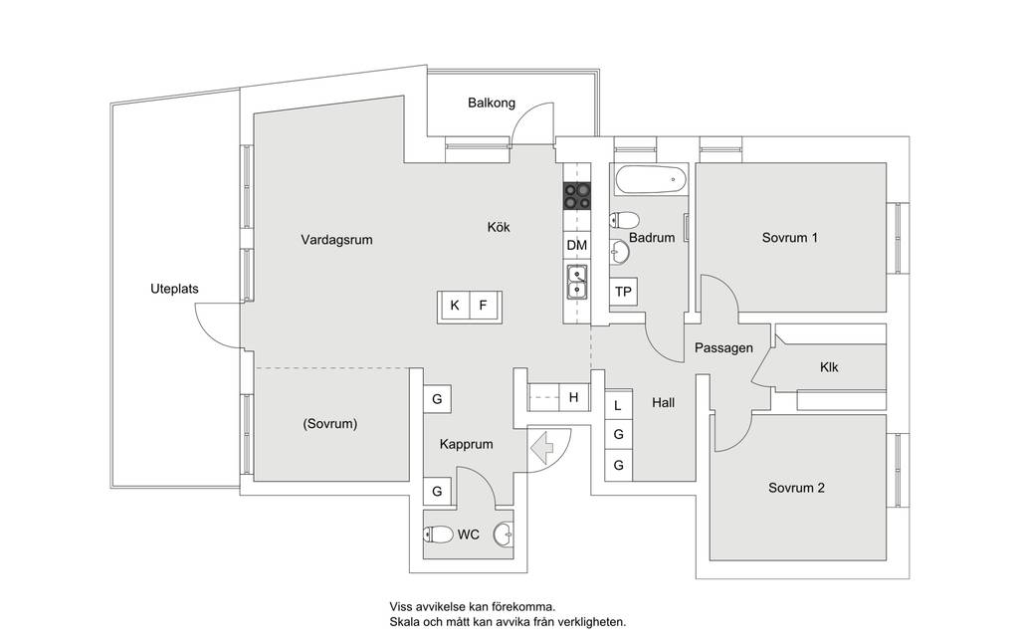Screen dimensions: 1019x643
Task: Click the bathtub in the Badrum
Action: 651,179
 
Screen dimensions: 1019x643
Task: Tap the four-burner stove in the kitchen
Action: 577,196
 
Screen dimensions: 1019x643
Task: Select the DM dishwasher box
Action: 577,245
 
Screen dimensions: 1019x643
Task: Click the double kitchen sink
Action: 577,282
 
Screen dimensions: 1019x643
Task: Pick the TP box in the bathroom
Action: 623,292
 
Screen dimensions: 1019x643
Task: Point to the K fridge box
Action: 455,305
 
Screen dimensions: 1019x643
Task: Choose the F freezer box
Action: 484,305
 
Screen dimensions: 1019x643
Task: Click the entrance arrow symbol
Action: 541,447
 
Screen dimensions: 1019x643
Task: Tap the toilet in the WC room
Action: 439,536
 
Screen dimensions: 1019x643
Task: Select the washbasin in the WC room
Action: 503,535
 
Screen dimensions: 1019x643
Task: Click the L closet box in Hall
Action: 618,406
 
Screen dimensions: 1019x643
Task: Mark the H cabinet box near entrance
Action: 574,397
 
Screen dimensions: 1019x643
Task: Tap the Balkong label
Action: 492,103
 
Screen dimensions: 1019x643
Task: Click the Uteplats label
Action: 174,289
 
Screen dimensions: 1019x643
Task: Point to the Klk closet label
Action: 829,367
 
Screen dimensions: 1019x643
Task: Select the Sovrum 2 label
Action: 796,488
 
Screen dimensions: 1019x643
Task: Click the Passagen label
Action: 724,348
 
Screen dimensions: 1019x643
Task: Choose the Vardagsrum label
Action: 336,240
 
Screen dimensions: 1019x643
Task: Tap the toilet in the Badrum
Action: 624,220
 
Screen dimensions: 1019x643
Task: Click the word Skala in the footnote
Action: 404,622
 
